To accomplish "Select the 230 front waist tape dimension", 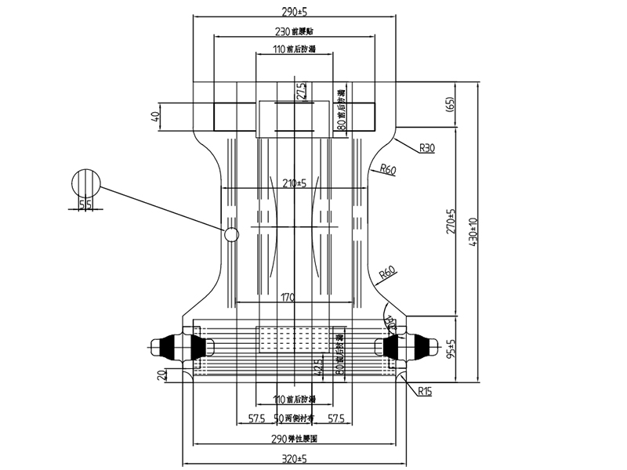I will tap(295, 32).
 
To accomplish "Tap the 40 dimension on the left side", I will tap(155, 118).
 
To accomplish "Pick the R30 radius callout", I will tap(428, 147).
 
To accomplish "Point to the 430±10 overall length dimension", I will tap(472, 233).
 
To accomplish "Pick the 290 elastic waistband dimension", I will tap(295, 439).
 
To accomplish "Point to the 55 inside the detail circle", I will tap(85, 204).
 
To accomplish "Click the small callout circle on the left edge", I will tap(231, 234).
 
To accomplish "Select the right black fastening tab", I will tap(413, 345).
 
